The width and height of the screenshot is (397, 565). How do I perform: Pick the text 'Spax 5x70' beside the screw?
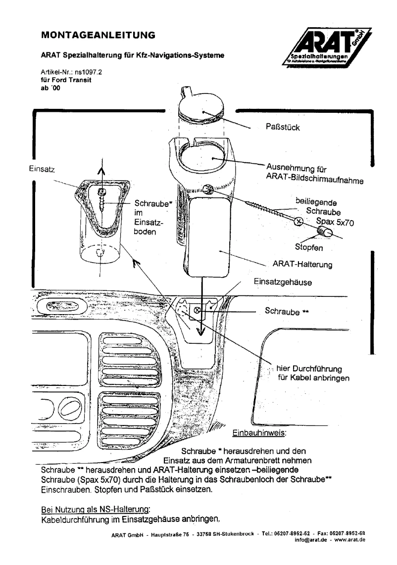pyautogui.click(x=337, y=223)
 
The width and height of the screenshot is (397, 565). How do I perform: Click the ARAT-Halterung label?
pyautogui.click(x=302, y=265)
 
